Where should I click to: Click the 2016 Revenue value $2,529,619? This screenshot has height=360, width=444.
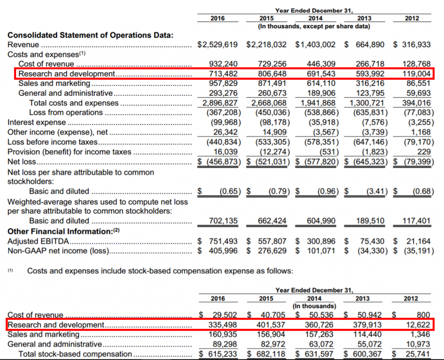point(217,45)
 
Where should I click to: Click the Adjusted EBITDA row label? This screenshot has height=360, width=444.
point(39,241)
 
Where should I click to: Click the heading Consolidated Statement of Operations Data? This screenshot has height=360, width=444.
point(91,36)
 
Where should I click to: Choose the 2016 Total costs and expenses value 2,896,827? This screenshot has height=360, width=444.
point(220,103)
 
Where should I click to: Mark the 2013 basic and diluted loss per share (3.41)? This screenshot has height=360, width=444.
point(374,191)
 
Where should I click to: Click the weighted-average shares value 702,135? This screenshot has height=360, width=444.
point(223,221)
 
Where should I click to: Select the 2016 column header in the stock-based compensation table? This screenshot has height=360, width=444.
point(218,298)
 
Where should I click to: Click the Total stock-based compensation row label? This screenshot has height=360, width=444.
point(75,354)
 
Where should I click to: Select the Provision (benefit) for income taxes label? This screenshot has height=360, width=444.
point(69,152)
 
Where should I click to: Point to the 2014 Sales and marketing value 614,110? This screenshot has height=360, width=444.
point(321,83)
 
